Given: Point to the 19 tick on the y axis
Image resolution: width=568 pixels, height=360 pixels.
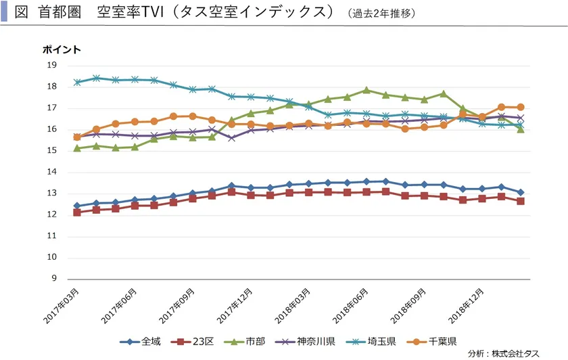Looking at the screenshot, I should click(x=51, y=65).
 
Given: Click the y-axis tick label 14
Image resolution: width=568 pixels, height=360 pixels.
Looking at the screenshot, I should click(x=51, y=172).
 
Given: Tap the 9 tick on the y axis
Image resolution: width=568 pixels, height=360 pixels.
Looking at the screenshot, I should click(x=54, y=279).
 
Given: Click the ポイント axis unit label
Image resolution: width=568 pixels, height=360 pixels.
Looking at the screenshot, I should click(x=62, y=49).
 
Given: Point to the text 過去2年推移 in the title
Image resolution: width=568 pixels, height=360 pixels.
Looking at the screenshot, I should click(x=383, y=13).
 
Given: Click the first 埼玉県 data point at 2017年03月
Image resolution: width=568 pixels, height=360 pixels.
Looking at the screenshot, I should click(x=77, y=82).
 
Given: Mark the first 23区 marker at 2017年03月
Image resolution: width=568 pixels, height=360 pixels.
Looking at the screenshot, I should click(x=77, y=212).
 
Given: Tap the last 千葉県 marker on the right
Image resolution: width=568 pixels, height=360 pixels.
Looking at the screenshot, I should click(x=520, y=107).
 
